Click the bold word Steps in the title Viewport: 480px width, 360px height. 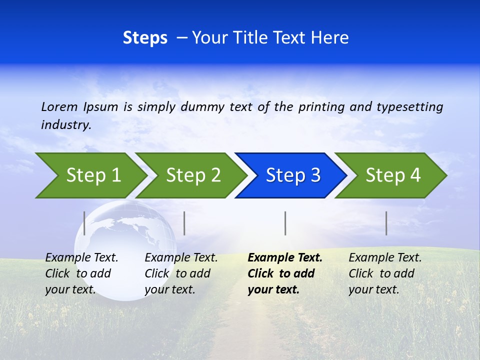145,38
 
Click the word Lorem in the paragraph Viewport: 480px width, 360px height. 59,106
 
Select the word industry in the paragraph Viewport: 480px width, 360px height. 66,125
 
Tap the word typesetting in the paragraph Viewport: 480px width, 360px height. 409,106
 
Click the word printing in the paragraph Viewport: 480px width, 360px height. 321,106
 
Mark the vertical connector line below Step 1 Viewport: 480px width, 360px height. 84,223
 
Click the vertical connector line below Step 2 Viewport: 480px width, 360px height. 184,223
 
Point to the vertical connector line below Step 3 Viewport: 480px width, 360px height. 285,223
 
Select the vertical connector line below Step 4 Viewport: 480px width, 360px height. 386,223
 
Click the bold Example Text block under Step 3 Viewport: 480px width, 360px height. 284,273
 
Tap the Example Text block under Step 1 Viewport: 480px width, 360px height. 81,273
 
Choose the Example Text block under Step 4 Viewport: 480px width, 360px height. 384,273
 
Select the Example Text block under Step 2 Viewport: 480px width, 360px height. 180,273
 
